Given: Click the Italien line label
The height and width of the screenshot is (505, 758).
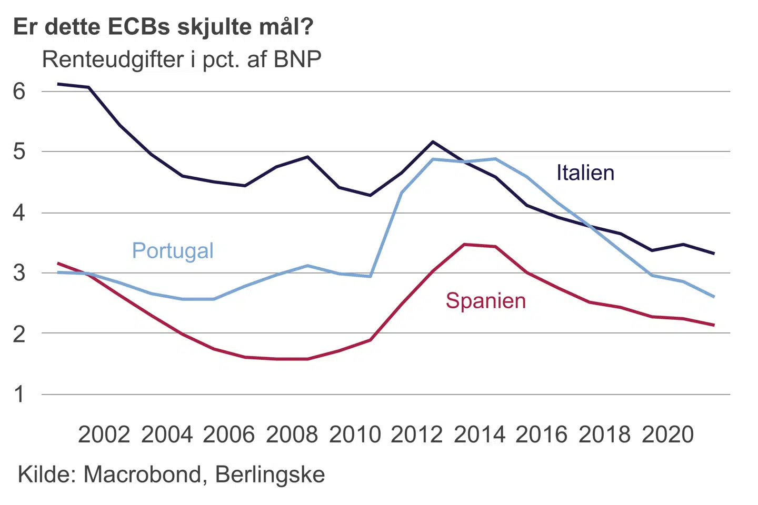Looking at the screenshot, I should (x=585, y=173).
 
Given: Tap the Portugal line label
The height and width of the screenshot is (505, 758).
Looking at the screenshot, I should (x=173, y=251).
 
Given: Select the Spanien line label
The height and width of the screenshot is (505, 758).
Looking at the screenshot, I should (x=485, y=301).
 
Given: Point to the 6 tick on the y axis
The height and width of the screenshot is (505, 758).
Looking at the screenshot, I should (x=19, y=92).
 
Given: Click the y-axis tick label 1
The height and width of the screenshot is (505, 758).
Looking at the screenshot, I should (x=19, y=394).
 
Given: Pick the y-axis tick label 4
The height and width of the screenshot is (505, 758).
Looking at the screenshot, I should (x=19, y=213).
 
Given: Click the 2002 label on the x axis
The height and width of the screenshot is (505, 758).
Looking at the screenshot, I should (x=104, y=435).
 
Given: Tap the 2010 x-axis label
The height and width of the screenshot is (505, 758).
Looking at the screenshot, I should (x=355, y=435).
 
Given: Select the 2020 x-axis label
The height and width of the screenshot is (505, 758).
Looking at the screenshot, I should (x=668, y=435).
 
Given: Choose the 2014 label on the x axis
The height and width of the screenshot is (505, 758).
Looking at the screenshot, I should (x=480, y=435).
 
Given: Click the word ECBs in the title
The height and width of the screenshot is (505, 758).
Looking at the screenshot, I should (x=139, y=27).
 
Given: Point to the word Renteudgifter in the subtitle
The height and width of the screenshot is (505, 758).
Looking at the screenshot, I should (x=113, y=60).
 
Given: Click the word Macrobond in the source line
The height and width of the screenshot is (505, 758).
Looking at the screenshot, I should (x=142, y=474).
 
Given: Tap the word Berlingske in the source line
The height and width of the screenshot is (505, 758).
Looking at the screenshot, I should (x=270, y=474).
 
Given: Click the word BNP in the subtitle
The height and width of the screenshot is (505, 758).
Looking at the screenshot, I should (x=297, y=60).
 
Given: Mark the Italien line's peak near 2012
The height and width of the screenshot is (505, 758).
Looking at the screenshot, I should (x=433, y=142).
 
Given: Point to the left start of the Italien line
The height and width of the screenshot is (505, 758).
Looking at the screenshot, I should (x=58, y=84).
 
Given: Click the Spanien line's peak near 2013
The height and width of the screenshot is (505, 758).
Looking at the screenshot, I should (x=464, y=244).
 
